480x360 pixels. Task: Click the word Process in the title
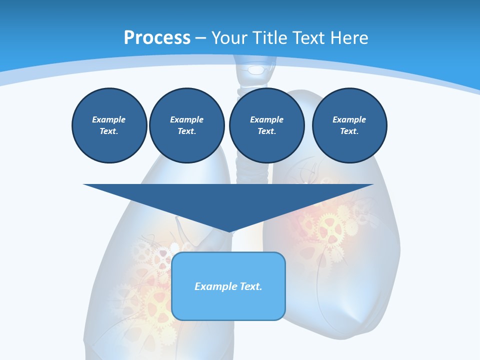[x=157, y=38]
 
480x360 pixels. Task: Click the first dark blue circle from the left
[x=109, y=125]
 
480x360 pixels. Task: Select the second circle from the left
[x=187, y=125]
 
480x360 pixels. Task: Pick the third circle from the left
[x=267, y=125]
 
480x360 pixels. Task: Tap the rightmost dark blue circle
[x=349, y=125]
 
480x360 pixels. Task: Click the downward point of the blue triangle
[x=228, y=230]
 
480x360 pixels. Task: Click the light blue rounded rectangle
[x=228, y=300]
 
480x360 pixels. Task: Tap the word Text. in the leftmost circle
[x=109, y=131]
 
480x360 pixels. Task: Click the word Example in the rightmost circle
[x=349, y=119]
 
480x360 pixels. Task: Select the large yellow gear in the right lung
[x=330, y=227]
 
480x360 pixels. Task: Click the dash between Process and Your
[x=201, y=38]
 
